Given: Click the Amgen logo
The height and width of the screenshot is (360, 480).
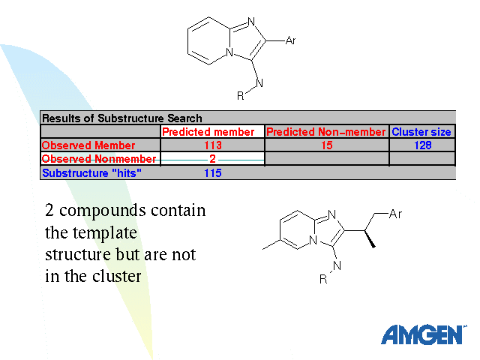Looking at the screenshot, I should click(x=423, y=334).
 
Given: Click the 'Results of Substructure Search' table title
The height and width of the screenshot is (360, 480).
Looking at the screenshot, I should click(x=121, y=118).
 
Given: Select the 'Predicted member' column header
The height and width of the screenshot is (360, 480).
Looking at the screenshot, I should click(x=213, y=132).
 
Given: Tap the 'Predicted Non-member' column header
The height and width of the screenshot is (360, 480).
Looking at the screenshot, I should click(x=326, y=132).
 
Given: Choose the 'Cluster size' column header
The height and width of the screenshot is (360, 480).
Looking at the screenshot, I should click(x=421, y=132).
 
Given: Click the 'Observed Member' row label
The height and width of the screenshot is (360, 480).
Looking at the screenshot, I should click(x=88, y=145).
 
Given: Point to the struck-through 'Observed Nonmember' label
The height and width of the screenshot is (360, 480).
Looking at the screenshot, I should click(x=99, y=159).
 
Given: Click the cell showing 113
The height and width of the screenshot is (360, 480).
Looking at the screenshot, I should click(x=213, y=145).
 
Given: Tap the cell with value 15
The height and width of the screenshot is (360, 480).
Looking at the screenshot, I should click(x=326, y=145).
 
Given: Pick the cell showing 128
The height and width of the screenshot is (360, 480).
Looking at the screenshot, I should click(x=422, y=145).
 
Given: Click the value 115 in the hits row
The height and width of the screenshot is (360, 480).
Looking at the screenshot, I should click(x=213, y=172).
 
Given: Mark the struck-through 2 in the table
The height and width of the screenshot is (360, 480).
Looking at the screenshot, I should click(x=213, y=159).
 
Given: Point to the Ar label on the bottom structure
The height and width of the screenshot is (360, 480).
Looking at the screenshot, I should click(x=396, y=216).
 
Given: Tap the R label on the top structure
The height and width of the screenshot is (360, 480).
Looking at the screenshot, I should click(x=241, y=95).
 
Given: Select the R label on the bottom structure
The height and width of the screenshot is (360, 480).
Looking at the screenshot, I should click(x=323, y=279).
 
